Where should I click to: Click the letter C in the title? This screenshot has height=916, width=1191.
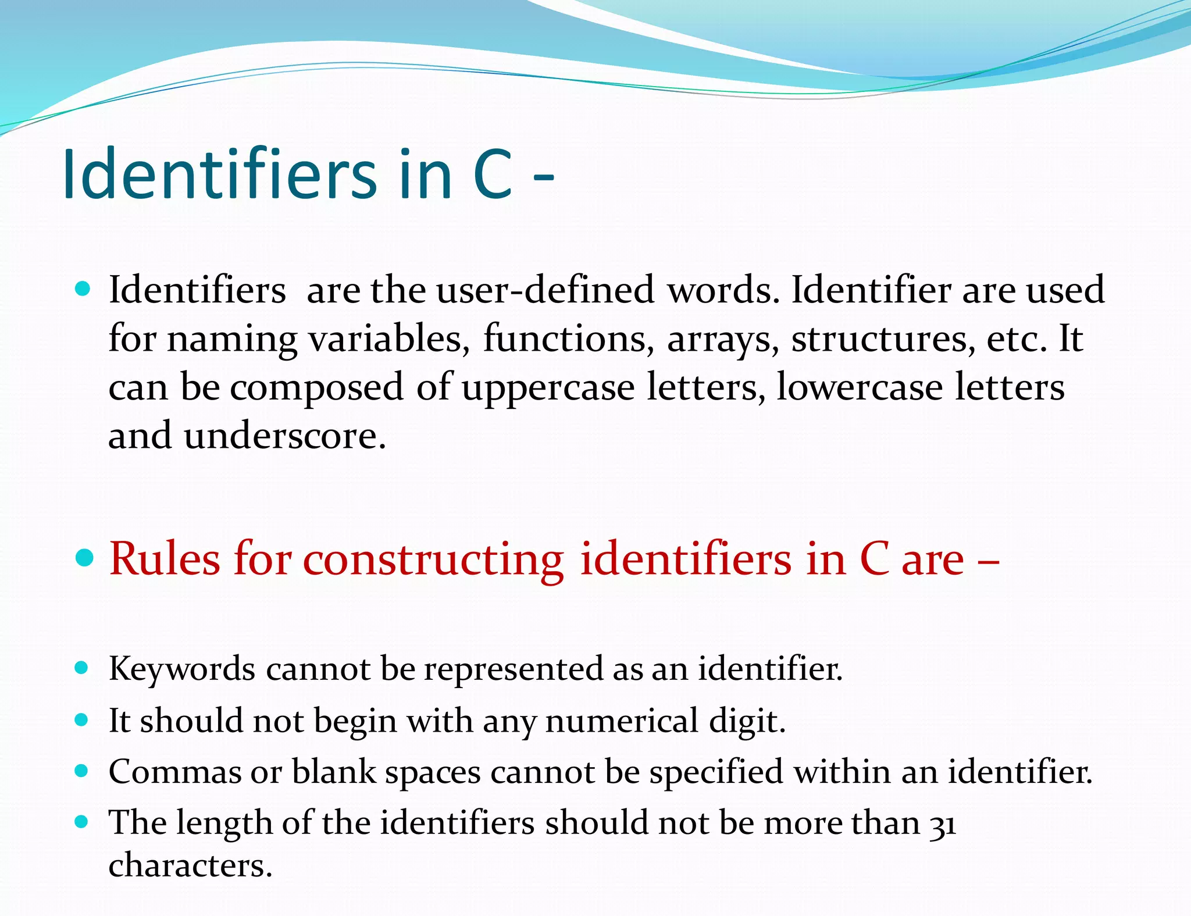[493, 174]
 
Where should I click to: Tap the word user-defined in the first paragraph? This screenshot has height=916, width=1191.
[545, 290]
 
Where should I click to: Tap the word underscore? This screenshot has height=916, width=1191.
[284, 436]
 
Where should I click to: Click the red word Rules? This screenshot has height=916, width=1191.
[165, 559]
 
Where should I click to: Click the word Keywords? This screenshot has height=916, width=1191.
[182, 669]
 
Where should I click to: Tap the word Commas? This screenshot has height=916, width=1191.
[175, 772]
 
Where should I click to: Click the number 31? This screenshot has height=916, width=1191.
[942, 825]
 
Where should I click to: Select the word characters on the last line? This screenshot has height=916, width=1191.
[190, 866]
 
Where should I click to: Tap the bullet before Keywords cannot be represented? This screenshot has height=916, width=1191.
[82, 668]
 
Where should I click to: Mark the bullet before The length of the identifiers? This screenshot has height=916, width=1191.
[82, 822]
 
